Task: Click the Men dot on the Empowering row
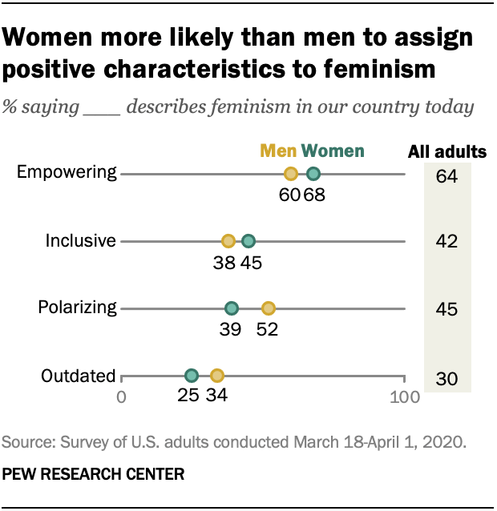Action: (291, 174)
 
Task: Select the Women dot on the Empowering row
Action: (313, 174)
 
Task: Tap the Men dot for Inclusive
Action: (228, 241)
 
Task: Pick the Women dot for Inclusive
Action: (248, 241)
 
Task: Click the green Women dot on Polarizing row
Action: (232, 308)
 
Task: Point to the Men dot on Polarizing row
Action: (269, 308)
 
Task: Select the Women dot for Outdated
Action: (192, 375)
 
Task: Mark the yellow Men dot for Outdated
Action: (216, 375)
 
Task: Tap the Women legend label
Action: (332, 151)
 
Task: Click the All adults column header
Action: (447, 151)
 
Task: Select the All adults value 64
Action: (447, 175)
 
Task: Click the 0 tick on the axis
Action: (122, 396)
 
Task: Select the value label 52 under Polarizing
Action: (267, 330)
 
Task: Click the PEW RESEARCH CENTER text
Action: (94, 474)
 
